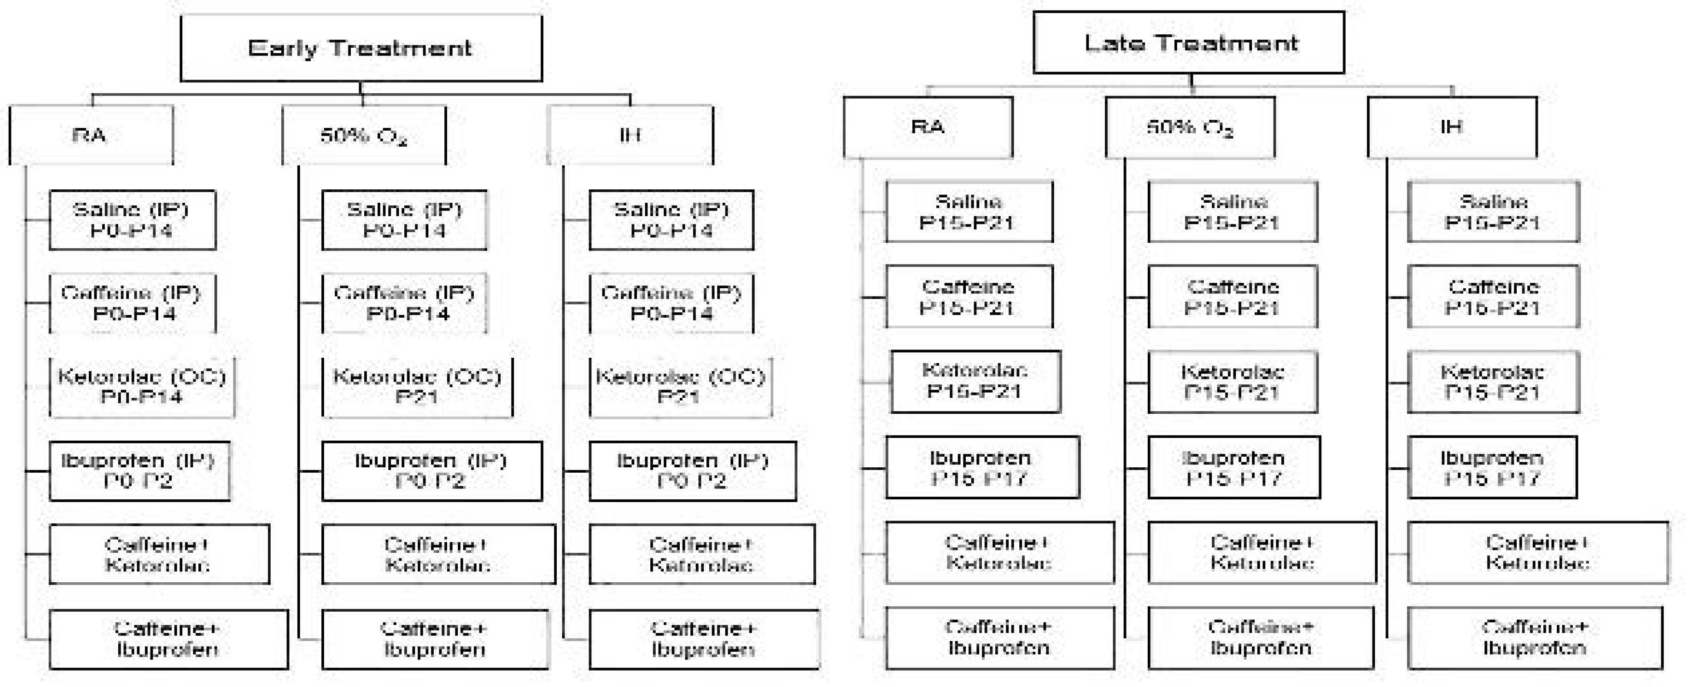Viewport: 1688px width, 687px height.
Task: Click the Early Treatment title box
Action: pos(361,48)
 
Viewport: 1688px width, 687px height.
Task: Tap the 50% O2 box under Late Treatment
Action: pos(1190,127)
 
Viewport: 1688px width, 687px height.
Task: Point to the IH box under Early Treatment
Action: pos(630,135)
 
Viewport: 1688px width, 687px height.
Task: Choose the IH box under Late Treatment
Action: pos(1452,127)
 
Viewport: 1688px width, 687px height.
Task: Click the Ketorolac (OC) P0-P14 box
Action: pos(141,387)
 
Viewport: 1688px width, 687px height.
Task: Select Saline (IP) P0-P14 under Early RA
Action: pos(132,220)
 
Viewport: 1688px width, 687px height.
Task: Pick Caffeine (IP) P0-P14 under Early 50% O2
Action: pos(404,303)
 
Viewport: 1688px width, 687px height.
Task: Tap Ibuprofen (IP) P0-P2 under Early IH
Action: pos(693,471)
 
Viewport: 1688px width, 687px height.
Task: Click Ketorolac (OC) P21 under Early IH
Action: pos(680,387)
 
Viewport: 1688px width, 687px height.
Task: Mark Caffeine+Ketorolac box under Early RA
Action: pos(159,555)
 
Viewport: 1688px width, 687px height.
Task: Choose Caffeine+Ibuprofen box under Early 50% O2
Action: pos(435,639)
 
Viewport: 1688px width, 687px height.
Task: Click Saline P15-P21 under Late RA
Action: pos(969,212)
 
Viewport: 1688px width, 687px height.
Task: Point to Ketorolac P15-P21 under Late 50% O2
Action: pos(1232,382)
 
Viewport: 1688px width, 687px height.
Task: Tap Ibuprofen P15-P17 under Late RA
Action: pos(982,467)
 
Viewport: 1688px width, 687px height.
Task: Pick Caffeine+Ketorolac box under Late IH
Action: pos(1537,553)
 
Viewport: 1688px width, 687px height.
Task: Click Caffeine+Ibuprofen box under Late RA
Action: pos(999,638)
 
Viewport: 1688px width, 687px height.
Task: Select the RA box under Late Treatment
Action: pos(927,127)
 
